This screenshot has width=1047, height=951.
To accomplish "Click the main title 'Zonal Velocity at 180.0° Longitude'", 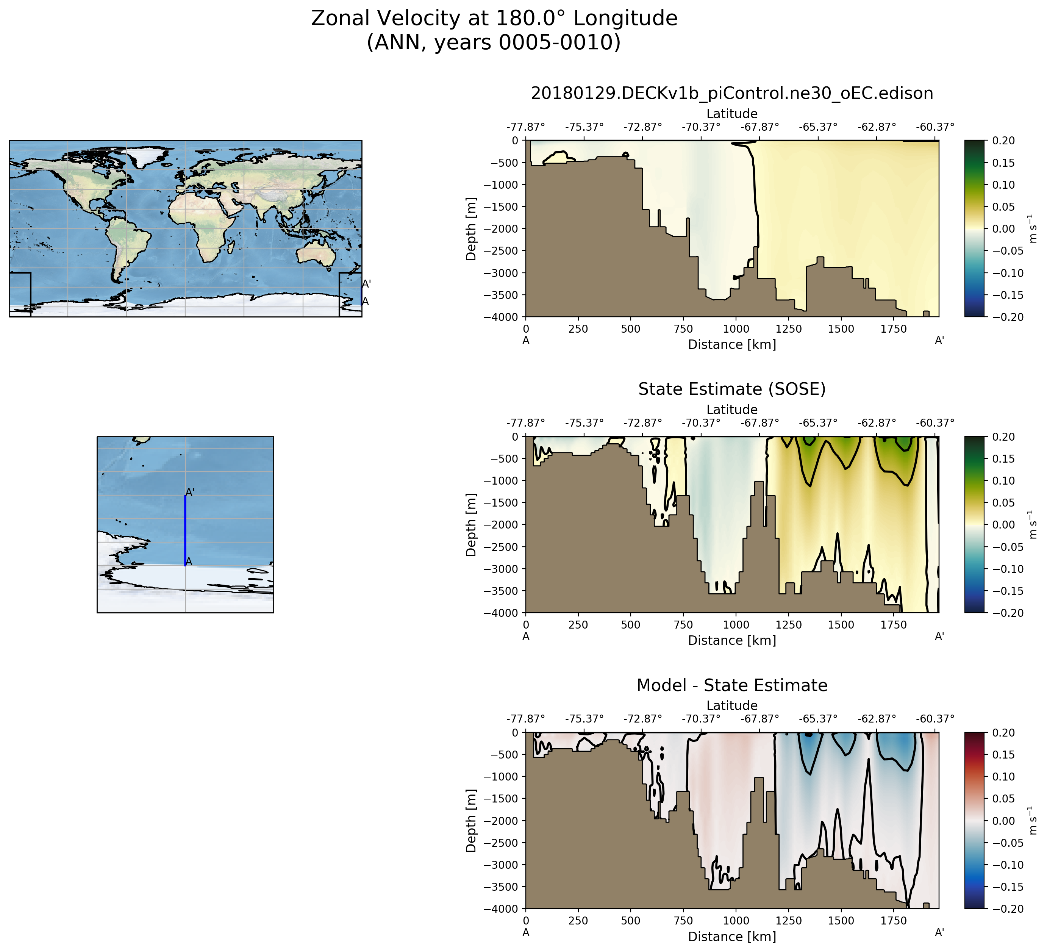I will pyautogui.click(x=494, y=19).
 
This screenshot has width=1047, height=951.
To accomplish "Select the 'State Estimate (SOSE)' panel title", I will pyautogui.click(x=732, y=389).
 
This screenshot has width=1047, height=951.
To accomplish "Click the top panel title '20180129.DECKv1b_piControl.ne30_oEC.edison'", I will pyautogui.click(x=732, y=94).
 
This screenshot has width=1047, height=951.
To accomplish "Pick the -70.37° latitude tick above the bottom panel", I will pyautogui.click(x=701, y=719).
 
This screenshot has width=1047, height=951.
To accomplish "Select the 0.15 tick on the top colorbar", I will pyautogui.click(x=1004, y=163).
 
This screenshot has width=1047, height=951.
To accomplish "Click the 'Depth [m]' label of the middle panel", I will pyautogui.click(x=471, y=525).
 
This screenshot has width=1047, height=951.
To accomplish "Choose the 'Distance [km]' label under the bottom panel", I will pyautogui.click(x=732, y=937).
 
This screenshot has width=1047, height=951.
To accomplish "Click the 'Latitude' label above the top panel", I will pyautogui.click(x=732, y=114).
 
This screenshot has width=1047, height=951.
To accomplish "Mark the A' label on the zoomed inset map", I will pyautogui.click(x=190, y=492).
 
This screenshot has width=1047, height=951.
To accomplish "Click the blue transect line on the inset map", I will pyautogui.click(x=185, y=530).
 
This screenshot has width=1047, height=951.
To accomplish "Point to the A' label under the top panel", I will pyautogui.click(x=939, y=341).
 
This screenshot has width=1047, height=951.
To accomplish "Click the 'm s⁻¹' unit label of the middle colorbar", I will pyautogui.click(x=1033, y=525).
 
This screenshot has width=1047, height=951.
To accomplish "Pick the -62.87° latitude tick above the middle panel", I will pyautogui.click(x=877, y=423).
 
